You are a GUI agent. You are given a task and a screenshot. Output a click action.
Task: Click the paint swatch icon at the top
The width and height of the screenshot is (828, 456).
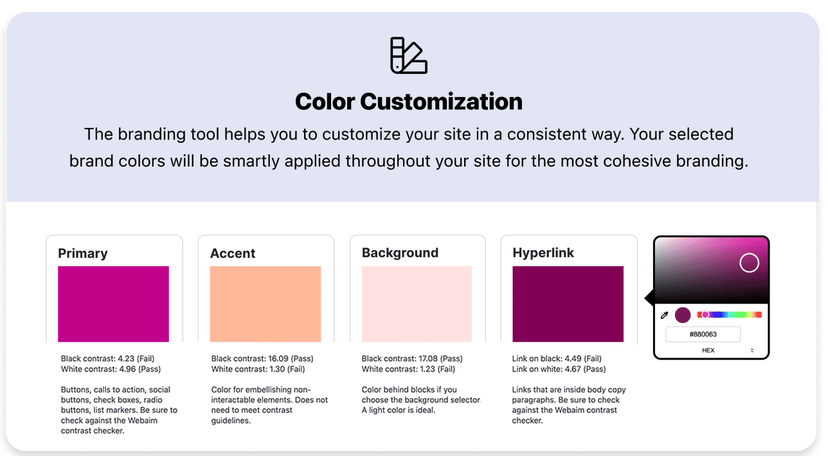[409, 55]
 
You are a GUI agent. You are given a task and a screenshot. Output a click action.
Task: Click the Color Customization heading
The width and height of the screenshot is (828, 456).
[409, 102]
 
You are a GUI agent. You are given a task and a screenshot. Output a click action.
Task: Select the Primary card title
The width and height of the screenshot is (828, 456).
[83, 253]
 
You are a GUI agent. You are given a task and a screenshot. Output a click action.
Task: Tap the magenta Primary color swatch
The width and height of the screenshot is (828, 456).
[114, 304]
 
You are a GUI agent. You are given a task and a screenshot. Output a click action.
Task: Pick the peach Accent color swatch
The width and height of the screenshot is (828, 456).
[265, 304]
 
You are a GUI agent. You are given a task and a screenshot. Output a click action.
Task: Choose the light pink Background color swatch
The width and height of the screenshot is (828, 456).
[417, 304]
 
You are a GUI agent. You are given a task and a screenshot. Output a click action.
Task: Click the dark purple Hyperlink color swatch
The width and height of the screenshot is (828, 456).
[568, 304]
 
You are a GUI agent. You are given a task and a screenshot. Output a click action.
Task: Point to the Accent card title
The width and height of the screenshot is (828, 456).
[233, 253]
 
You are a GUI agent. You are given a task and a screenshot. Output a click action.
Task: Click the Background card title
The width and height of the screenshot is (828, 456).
[400, 253]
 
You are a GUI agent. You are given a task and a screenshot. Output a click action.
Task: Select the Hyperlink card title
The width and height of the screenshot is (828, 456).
[543, 253]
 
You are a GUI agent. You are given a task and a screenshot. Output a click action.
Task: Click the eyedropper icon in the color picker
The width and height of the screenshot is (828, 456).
[664, 315]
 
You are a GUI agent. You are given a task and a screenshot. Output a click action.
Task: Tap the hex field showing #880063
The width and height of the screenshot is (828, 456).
[703, 334]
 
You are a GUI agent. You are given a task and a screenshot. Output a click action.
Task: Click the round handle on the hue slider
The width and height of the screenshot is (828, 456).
[705, 315]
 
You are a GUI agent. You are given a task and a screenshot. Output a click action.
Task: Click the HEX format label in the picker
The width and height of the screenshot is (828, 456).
[708, 351]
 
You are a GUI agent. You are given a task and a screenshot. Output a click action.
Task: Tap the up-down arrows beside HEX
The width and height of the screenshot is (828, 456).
[752, 351]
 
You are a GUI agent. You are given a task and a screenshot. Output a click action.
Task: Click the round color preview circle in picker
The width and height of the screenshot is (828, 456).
[683, 315]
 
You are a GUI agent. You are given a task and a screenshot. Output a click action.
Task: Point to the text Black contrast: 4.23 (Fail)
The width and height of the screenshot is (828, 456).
[107, 358]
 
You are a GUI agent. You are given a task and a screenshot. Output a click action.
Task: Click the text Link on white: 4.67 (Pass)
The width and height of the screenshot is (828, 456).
[559, 369]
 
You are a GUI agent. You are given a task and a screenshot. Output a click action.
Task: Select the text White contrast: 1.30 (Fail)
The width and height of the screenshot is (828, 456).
[258, 369]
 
